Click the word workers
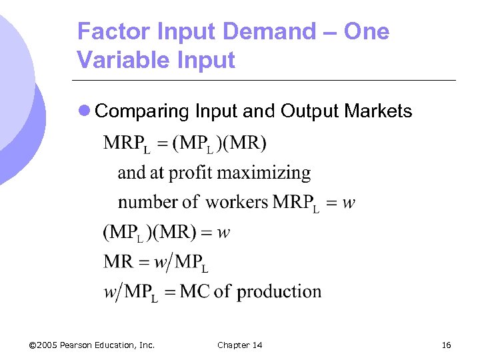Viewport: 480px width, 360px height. pos(237,202)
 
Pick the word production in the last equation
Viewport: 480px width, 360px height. pos(279,291)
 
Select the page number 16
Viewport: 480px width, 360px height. pos(446,345)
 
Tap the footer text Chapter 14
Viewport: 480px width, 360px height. pos(240,345)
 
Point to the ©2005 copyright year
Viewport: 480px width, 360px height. pos(43,345)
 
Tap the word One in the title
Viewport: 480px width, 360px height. pos(366,31)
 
